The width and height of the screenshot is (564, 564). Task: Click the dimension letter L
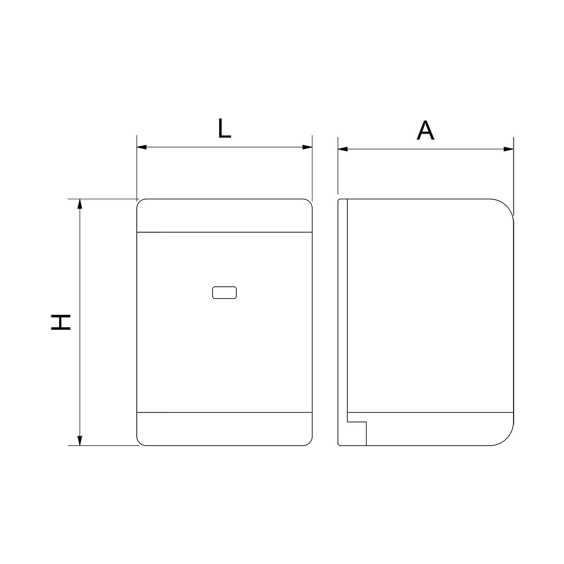pyautogui.click(x=225, y=128)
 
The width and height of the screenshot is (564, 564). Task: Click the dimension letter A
pyautogui.click(x=425, y=130)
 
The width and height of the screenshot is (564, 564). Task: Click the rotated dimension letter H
pyautogui.click(x=61, y=322)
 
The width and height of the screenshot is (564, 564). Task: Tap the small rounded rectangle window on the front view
pyautogui.click(x=225, y=293)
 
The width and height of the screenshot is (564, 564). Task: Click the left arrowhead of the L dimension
pyautogui.click(x=141, y=147)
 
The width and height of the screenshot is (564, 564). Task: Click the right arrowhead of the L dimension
pyautogui.click(x=307, y=147)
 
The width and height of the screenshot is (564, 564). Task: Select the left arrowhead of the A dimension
pyautogui.click(x=343, y=149)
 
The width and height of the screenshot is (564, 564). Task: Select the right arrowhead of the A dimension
pyautogui.click(x=509, y=149)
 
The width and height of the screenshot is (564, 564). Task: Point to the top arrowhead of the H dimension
pyautogui.click(x=79, y=204)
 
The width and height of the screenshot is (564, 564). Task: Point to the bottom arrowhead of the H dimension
pyautogui.click(x=79, y=440)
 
